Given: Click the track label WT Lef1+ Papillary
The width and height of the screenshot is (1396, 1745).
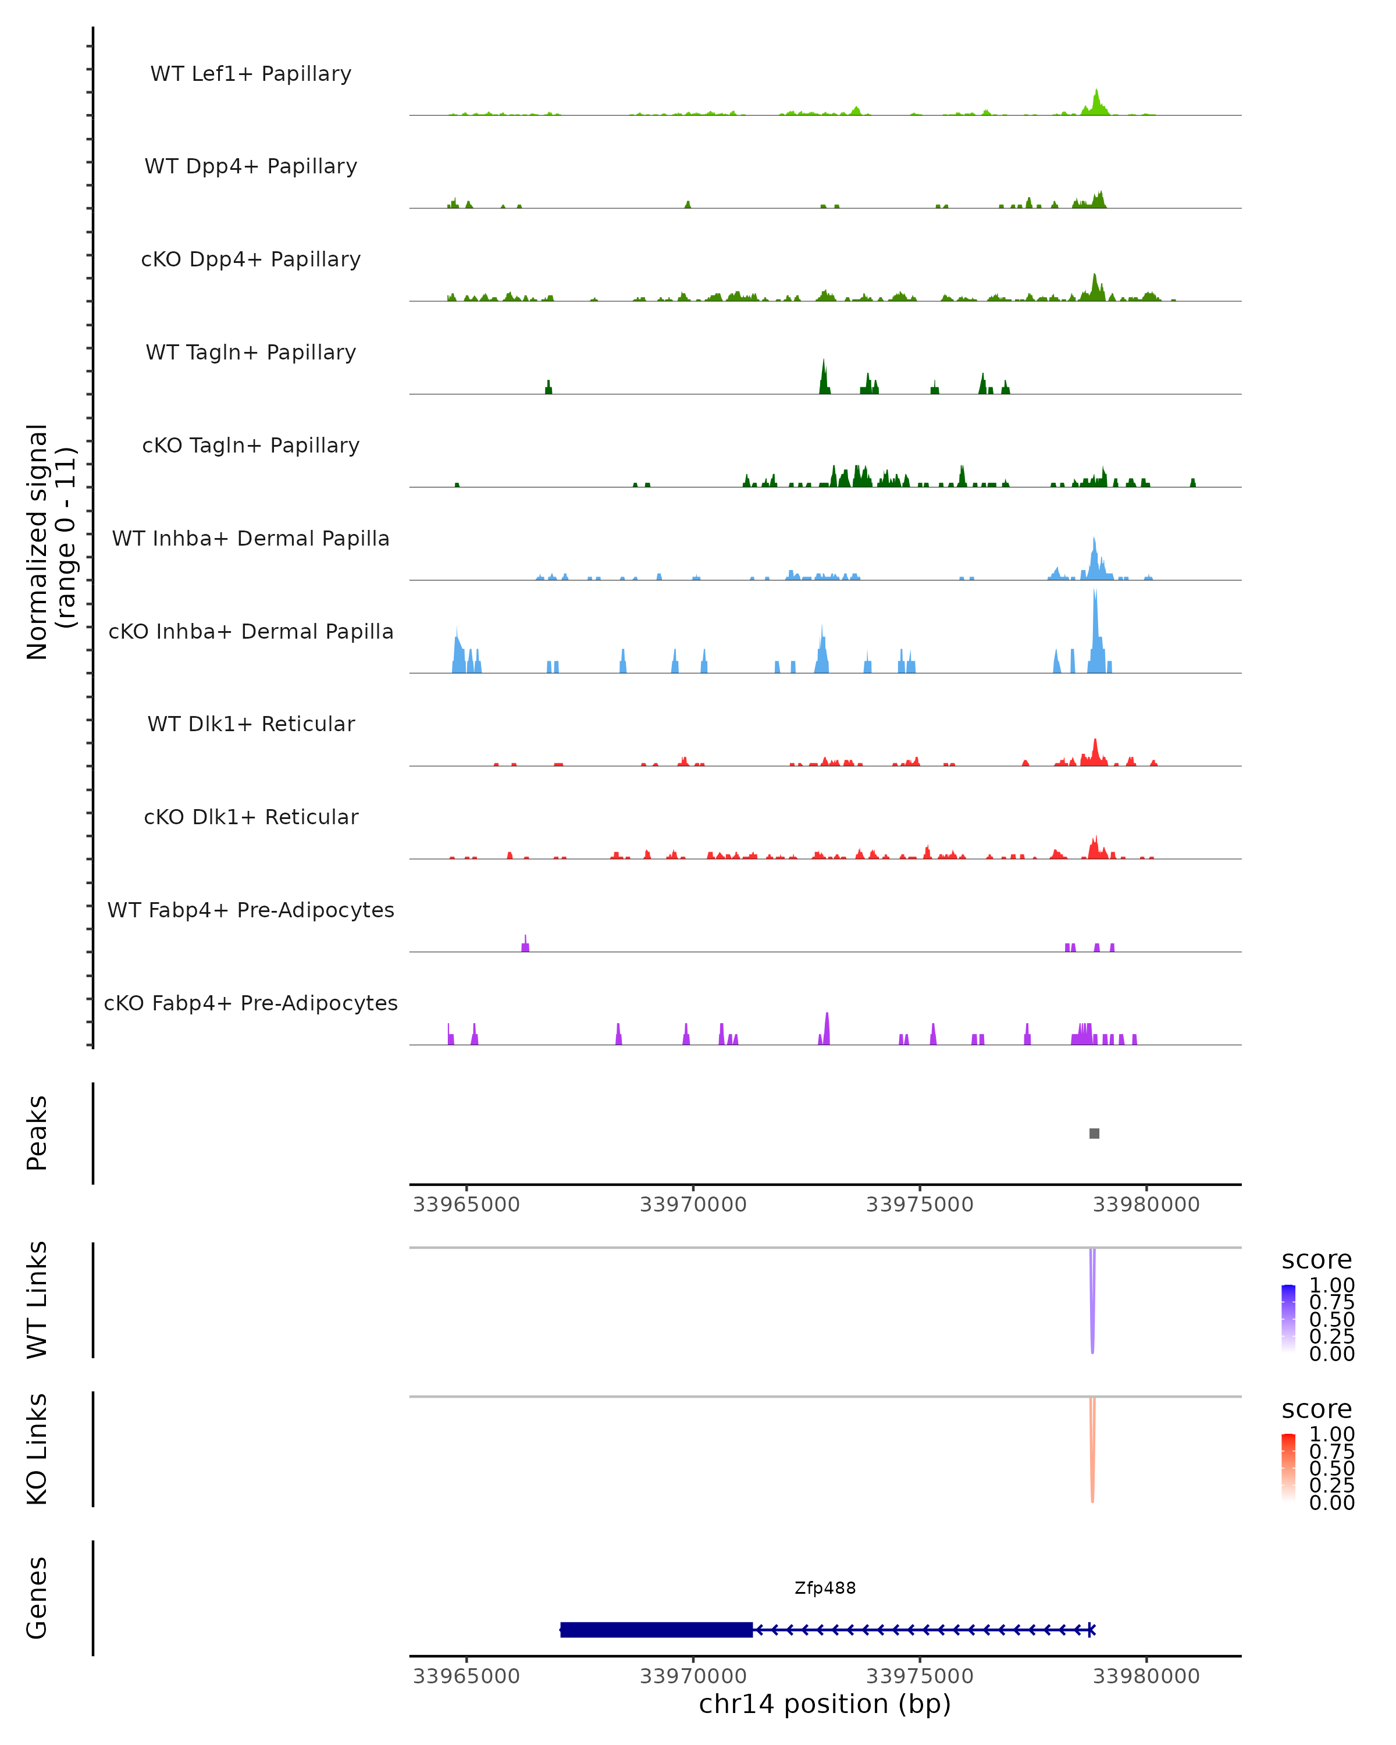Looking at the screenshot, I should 251,74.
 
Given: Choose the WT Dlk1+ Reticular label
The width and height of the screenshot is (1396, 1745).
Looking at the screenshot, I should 251,724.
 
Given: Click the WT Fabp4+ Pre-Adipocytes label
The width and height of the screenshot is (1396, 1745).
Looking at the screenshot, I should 251,910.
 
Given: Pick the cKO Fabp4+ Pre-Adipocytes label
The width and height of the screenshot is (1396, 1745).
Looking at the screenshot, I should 251,1003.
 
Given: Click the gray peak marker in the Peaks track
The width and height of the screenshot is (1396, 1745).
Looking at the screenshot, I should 1094,1133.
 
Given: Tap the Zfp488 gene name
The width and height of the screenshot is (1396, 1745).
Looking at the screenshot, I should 825,1587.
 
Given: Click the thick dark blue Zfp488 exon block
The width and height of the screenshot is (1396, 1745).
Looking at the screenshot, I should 656,1629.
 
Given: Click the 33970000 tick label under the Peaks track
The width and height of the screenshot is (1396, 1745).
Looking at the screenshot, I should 693,1205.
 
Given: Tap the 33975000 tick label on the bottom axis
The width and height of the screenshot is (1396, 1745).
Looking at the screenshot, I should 920,1675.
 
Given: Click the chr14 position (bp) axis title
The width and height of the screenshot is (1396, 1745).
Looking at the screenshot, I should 825,1704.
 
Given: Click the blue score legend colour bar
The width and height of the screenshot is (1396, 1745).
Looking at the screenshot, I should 1288,1319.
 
